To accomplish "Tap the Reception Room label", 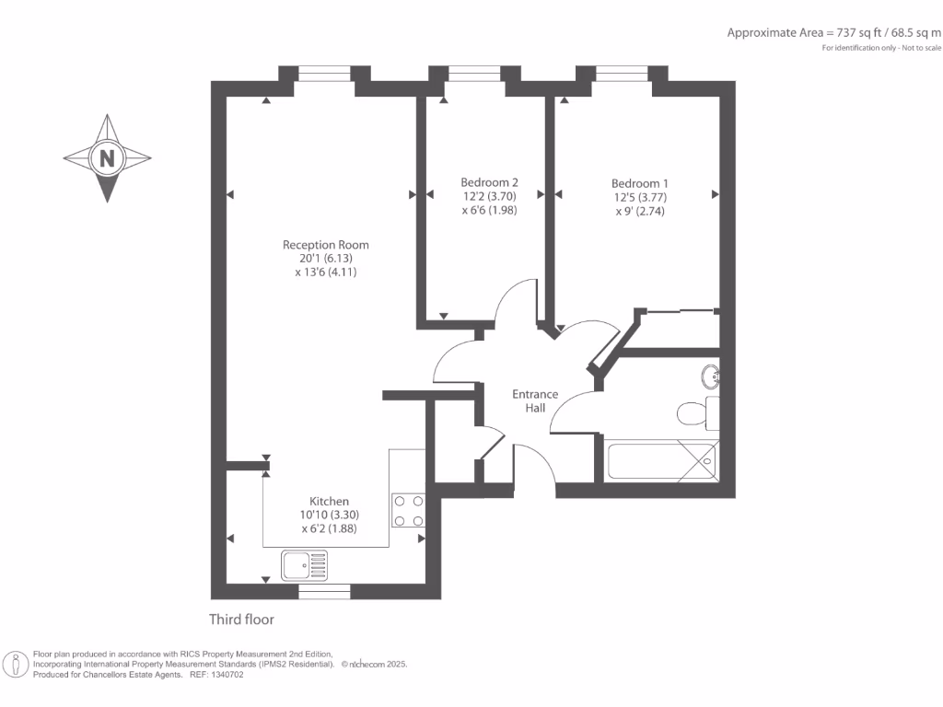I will (325, 245).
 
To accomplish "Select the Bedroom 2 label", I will (483, 183).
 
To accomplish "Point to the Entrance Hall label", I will (535, 400).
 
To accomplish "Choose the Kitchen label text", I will (329, 501).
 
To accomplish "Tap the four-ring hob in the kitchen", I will (408, 511).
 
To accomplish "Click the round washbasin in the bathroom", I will (710, 377).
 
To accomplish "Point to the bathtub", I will (661, 459).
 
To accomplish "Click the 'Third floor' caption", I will (241, 620).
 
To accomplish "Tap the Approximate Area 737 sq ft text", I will (833, 32).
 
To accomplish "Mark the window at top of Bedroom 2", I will (474, 74).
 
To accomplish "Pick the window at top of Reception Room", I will (324, 74).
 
